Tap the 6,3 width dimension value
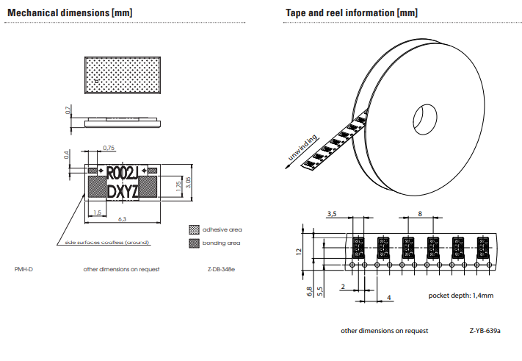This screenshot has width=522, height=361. (x=121, y=218)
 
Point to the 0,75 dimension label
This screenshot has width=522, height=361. (x=109, y=148)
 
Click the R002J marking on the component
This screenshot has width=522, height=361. (x=121, y=174)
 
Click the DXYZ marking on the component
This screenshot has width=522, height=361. (x=121, y=192)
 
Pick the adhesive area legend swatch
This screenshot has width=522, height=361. (x=194, y=229)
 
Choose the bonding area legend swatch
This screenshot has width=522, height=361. (x=194, y=243)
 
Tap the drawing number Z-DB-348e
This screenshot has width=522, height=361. (x=221, y=269)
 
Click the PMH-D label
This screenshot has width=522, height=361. (x=24, y=269)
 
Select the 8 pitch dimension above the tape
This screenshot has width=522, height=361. (x=420, y=212)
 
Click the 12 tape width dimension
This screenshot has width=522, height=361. (x=299, y=251)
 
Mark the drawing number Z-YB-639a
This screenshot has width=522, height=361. (x=485, y=331)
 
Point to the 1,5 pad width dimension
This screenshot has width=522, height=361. (x=97, y=212)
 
